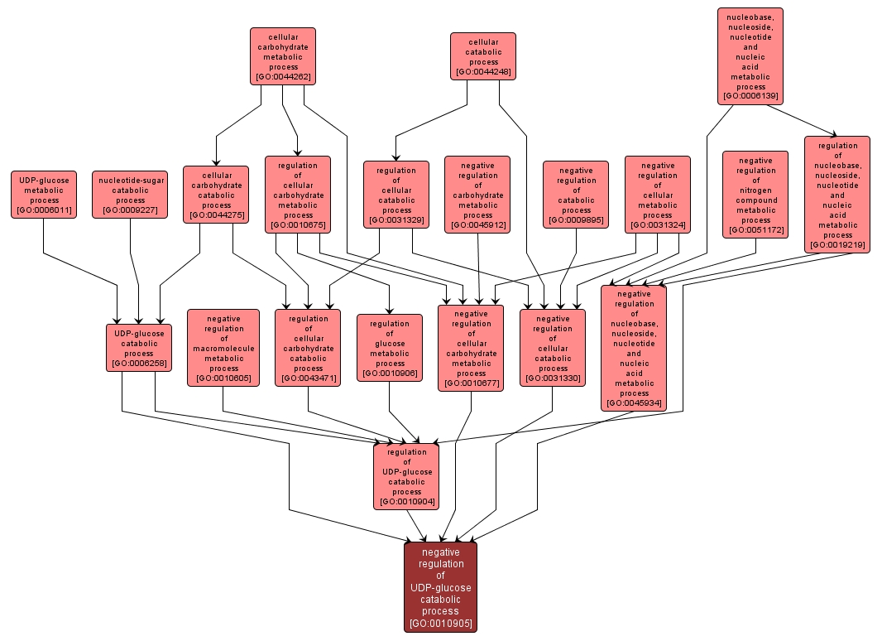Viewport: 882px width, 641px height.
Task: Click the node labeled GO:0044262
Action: click(x=283, y=56)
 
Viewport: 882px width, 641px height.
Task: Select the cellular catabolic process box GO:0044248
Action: click(x=483, y=56)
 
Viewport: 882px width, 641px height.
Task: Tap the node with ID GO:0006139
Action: click(x=750, y=55)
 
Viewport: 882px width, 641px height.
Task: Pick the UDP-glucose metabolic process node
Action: click(x=44, y=195)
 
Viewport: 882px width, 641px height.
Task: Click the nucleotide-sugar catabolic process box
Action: click(x=131, y=195)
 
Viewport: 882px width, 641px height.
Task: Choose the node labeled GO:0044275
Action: click(x=216, y=195)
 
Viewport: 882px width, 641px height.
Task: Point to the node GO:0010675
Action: click(x=298, y=195)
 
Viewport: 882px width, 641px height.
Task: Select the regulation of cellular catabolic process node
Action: click(x=396, y=195)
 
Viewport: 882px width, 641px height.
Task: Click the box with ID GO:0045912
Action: click(x=477, y=195)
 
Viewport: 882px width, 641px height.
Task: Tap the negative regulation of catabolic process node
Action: click(x=576, y=195)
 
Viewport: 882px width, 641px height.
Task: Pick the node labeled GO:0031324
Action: click(x=658, y=195)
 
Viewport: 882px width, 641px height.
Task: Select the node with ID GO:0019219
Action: click(x=837, y=195)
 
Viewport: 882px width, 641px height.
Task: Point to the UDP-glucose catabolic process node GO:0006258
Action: click(x=139, y=348)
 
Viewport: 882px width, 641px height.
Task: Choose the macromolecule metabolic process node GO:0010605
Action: click(x=223, y=348)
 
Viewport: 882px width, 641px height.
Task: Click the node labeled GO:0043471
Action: click(x=308, y=348)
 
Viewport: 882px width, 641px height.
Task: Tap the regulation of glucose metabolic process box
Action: click(x=390, y=348)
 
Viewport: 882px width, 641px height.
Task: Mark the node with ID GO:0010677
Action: click(x=471, y=348)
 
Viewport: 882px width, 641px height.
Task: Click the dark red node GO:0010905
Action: click(x=440, y=587)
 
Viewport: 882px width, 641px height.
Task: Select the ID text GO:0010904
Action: click(x=406, y=502)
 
